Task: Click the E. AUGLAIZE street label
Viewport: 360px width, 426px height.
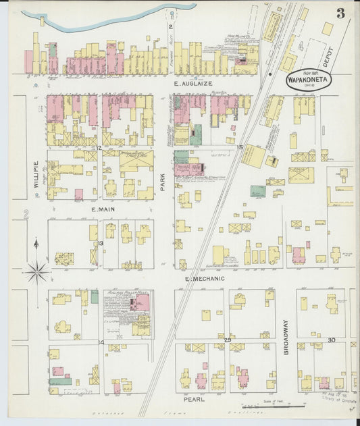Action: [x=192, y=83]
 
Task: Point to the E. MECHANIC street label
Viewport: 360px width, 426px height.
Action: [x=208, y=278]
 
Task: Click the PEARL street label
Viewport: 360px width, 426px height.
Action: [x=193, y=399]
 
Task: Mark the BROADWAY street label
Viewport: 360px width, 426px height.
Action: [x=286, y=338]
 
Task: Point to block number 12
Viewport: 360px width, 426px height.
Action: [x=99, y=147]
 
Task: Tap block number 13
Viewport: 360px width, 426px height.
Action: [x=100, y=243]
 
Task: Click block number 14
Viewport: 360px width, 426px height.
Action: [x=100, y=342]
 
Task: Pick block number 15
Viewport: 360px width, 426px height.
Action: [x=239, y=147]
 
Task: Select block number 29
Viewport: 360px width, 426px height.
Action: [x=228, y=340]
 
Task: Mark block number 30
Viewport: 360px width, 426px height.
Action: [x=331, y=340]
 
